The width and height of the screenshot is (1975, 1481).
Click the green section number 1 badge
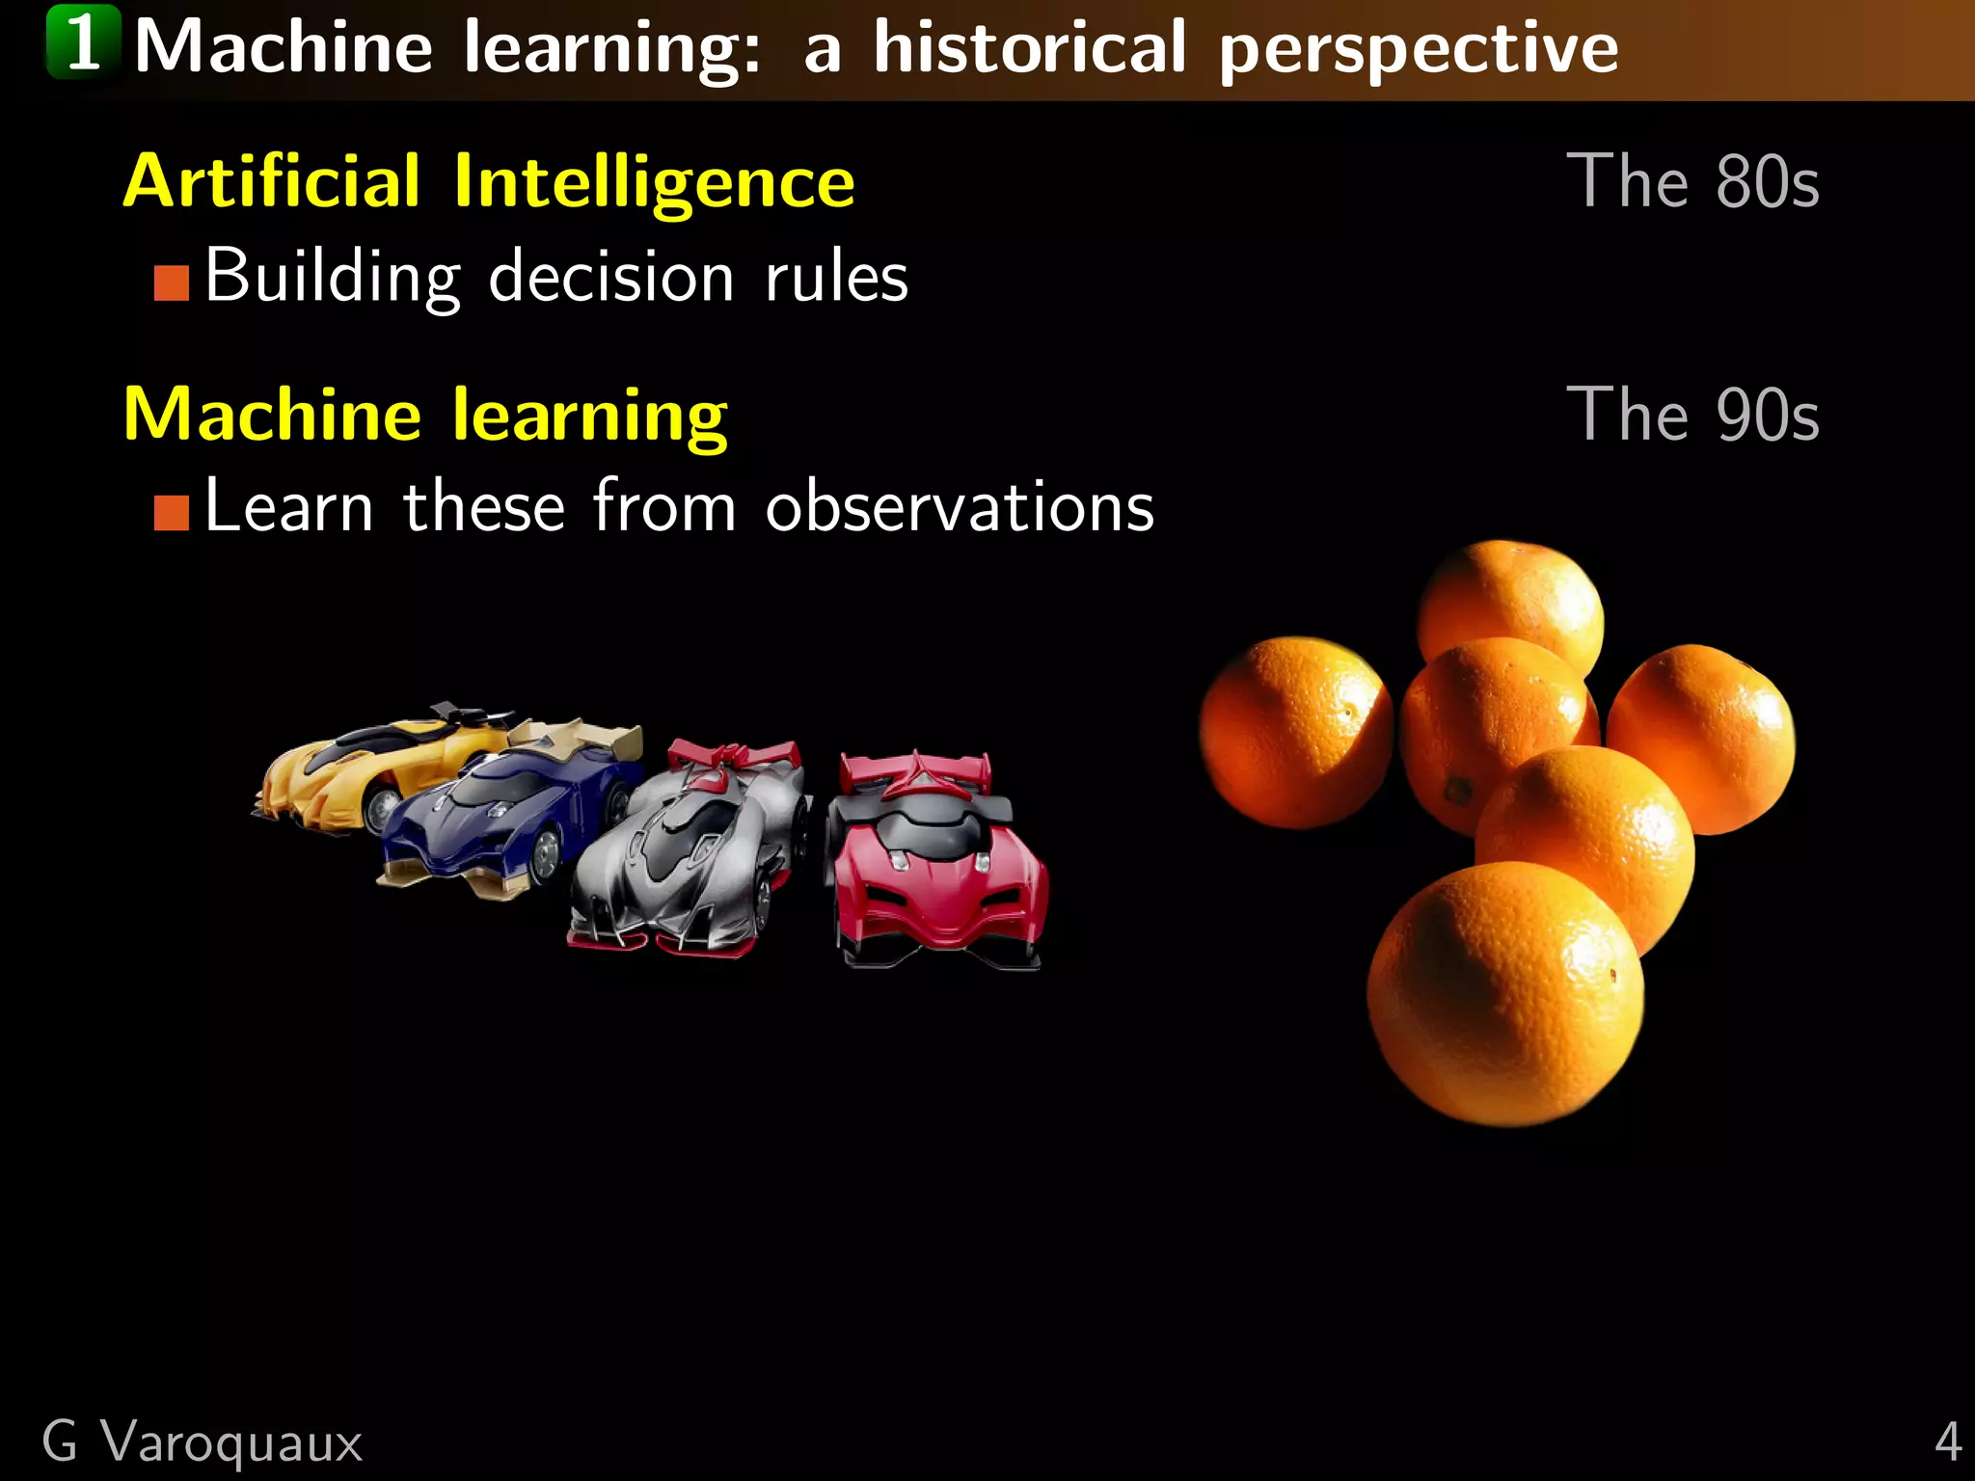pos(84,42)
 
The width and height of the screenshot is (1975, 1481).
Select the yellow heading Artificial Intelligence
pos(489,181)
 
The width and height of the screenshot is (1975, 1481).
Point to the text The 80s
pos(1692,181)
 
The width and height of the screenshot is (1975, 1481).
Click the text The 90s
pos(1692,415)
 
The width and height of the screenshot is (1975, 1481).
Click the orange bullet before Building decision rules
pos(172,283)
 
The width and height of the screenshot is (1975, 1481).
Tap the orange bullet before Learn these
pos(172,513)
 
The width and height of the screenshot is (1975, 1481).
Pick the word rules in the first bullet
pos(836,278)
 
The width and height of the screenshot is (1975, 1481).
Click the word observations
pos(960,507)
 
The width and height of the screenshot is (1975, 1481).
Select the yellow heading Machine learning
pos(425,415)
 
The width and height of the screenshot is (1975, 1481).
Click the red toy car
pos(935,868)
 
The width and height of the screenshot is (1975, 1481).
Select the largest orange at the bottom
pos(1504,993)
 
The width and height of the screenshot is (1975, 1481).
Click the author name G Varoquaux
pos(202,1442)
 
